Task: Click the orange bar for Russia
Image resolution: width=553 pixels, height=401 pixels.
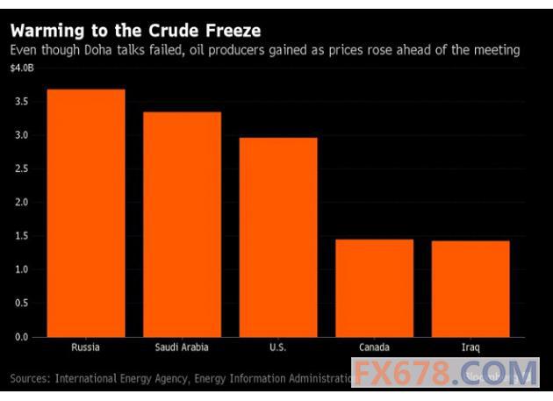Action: (86, 213)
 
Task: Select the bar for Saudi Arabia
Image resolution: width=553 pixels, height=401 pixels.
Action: (182, 225)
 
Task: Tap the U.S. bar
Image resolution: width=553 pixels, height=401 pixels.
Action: (278, 237)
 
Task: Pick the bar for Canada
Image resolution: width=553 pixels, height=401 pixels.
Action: (374, 288)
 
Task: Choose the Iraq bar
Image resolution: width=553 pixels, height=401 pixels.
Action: (470, 289)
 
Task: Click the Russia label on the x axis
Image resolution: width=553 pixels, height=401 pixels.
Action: (86, 347)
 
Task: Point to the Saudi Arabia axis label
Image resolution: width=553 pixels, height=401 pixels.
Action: (182, 347)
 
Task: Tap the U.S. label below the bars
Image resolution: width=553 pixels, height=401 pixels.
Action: (278, 347)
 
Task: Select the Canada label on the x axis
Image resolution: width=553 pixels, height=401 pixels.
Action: (374, 347)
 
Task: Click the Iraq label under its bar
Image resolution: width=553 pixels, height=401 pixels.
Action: (470, 347)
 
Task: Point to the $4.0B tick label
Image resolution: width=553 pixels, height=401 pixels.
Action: (24, 68)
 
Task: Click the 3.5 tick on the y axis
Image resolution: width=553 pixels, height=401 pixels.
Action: (22, 102)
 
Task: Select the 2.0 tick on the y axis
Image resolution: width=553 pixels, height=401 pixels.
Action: (22, 203)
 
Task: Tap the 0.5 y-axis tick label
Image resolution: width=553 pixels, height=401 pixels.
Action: (22, 304)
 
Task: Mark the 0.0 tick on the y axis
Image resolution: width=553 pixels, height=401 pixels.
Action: (22, 337)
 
